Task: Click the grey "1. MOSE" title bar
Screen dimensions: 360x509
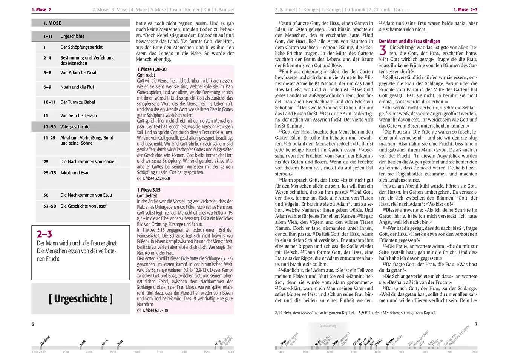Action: (80, 23)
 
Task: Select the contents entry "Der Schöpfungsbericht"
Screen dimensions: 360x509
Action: (81, 47)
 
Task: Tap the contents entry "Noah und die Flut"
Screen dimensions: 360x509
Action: (77, 87)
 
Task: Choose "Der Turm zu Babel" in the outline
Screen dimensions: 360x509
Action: (78, 102)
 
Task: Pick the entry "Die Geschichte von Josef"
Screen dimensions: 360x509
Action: (83, 206)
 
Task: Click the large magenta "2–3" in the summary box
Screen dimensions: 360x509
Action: (44, 234)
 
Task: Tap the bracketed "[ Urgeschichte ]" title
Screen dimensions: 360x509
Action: (80, 298)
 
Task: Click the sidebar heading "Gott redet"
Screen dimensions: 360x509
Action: (146, 75)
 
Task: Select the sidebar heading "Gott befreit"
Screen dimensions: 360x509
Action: (147, 195)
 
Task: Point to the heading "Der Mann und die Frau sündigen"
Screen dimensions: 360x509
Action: (409, 41)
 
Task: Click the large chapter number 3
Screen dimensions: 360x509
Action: (383, 50)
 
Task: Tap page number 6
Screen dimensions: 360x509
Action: (33, 324)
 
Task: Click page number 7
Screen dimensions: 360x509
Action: (476, 324)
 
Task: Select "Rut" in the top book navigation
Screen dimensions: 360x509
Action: (207, 10)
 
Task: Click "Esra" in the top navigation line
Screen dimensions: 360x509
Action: (398, 10)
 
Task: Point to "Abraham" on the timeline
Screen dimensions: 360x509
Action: (45, 340)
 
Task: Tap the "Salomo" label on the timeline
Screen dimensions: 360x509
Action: (390, 341)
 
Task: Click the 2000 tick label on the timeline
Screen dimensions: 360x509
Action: (89, 352)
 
